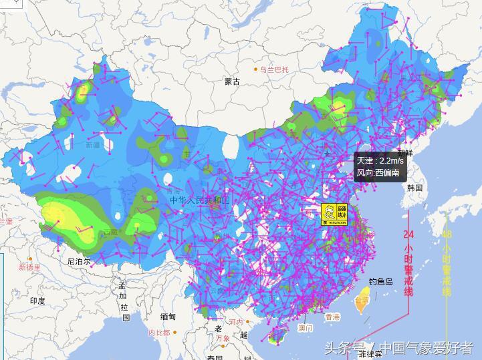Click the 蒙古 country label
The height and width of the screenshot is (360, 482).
(x=232, y=81)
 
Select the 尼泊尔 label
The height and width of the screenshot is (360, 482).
(x=78, y=262)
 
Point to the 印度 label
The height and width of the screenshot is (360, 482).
(x=37, y=301)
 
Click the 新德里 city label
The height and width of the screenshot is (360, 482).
(x=29, y=267)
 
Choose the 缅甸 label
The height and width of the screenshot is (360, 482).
(x=168, y=317)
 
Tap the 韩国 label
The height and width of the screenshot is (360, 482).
(x=414, y=188)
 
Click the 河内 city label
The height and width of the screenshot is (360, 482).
(x=235, y=322)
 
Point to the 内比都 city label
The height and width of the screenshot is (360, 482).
(x=159, y=332)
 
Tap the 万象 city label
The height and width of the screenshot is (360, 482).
(x=222, y=339)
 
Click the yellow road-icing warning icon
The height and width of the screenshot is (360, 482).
(x=334, y=214)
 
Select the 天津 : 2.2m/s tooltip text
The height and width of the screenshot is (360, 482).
(x=378, y=161)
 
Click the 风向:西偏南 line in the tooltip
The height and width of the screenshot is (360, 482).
(x=378, y=173)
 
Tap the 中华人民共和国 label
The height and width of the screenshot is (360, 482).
(x=199, y=200)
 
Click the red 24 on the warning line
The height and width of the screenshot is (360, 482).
(x=409, y=234)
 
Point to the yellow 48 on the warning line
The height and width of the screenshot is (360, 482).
(x=447, y=234)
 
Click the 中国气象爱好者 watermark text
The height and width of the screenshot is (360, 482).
(x=427, y=348)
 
